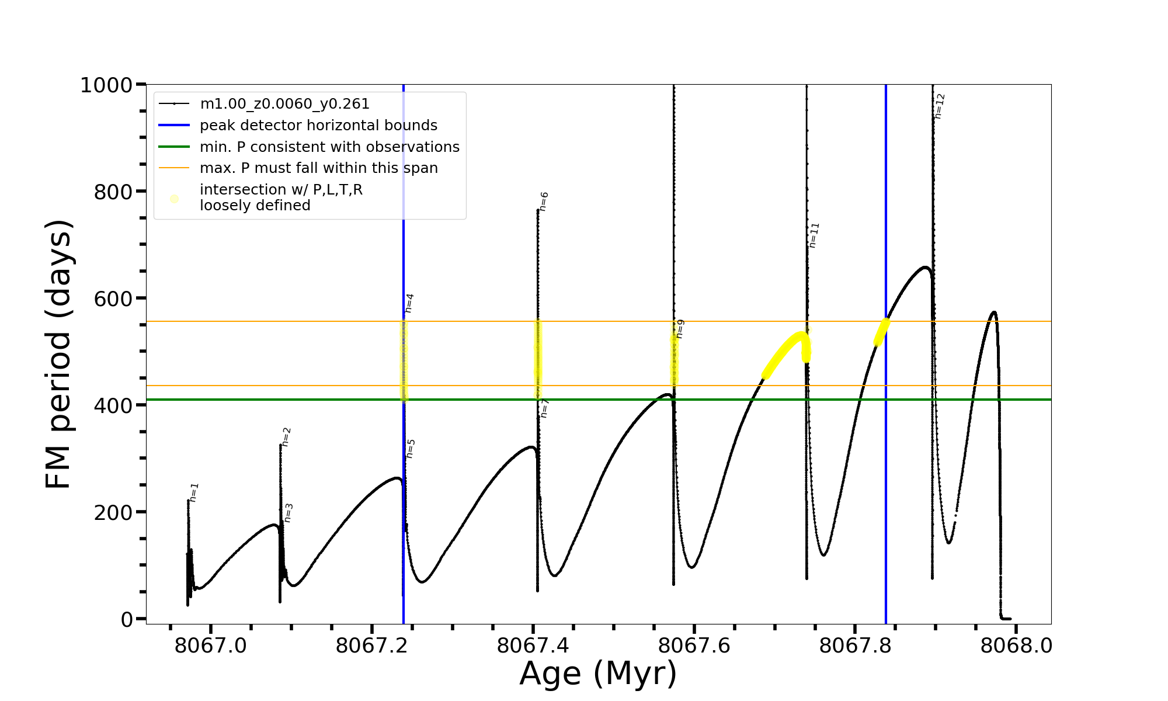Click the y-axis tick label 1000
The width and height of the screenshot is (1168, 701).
(106, 85)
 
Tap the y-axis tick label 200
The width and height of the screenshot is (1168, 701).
(113, 512)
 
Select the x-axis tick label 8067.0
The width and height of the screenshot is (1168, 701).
(210, 646)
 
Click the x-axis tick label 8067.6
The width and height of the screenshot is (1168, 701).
(694, 646)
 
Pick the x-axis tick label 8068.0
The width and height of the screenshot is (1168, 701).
(1016, 646)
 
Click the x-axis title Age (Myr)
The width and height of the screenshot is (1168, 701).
(598, 674)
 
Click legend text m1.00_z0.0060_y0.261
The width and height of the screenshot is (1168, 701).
(284, 104)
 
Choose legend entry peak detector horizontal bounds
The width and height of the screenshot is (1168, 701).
(318, 126)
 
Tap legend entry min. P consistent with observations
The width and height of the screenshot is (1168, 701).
(329, 147)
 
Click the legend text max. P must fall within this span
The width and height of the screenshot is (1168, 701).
(318, 168)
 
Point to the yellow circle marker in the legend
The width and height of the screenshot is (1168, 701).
(174, 199)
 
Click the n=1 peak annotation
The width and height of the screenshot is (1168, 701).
(194, 492)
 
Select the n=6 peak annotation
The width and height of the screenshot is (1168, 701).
(544, 201)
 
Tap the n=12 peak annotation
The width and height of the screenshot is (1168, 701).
(939, 106)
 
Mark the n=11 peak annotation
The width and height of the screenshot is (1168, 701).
(814, 235)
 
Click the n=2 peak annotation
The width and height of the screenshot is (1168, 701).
(286, 436)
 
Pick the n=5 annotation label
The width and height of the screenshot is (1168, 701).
(411, 449)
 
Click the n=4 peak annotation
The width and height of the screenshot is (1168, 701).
(409, 303)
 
